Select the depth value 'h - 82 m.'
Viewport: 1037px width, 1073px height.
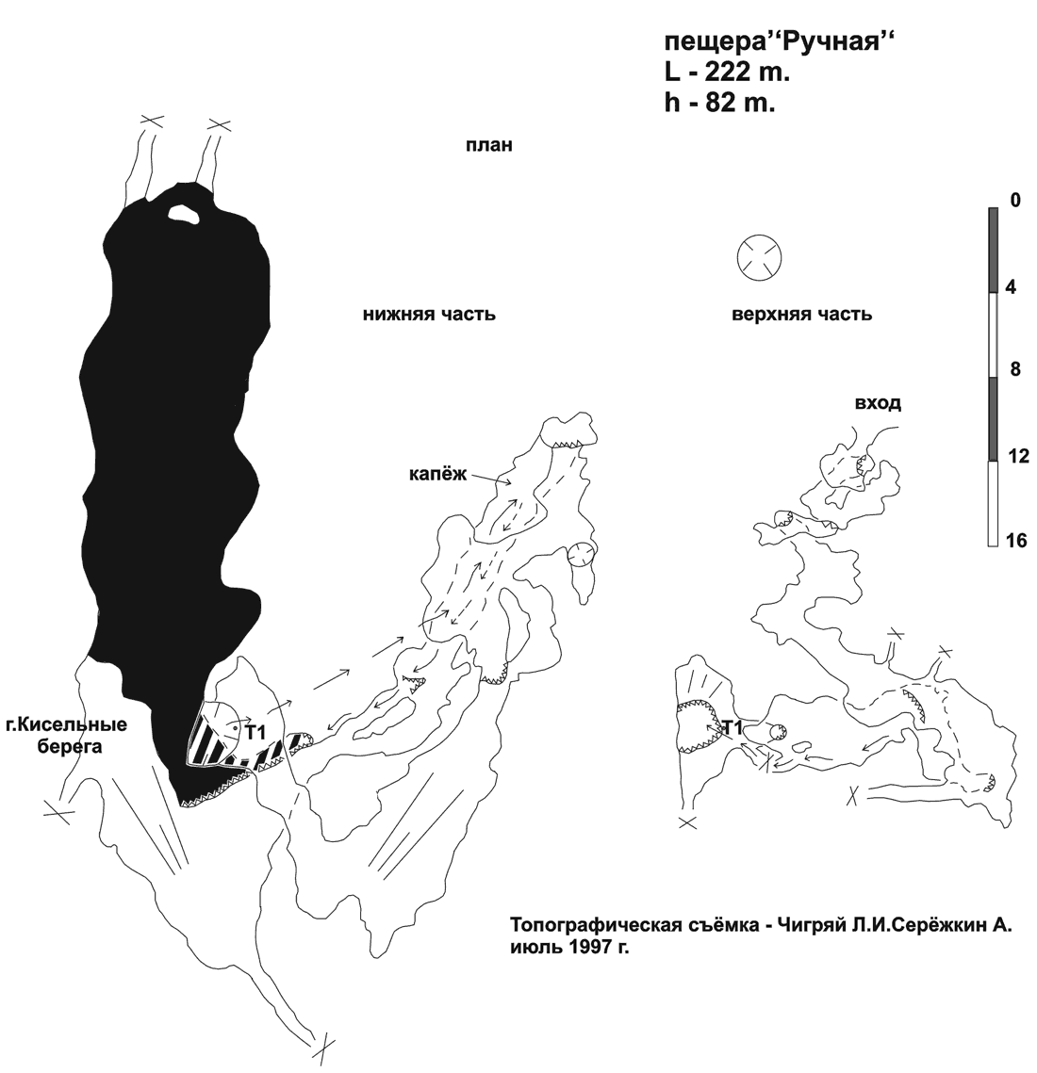720,103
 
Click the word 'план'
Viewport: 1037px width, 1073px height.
489,146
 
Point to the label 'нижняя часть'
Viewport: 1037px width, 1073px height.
429,315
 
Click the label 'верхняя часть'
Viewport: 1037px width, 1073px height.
801,315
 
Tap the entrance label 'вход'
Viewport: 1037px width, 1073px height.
878,404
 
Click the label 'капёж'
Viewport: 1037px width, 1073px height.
438,474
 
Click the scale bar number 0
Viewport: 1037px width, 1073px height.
1015,201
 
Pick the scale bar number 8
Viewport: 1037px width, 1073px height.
1015,369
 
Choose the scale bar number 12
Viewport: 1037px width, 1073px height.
1019,456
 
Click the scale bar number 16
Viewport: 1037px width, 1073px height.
1017,541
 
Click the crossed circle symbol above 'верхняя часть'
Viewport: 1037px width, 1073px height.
760,258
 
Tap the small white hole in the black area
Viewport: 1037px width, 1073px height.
184,214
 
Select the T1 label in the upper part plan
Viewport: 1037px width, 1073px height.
732,729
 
